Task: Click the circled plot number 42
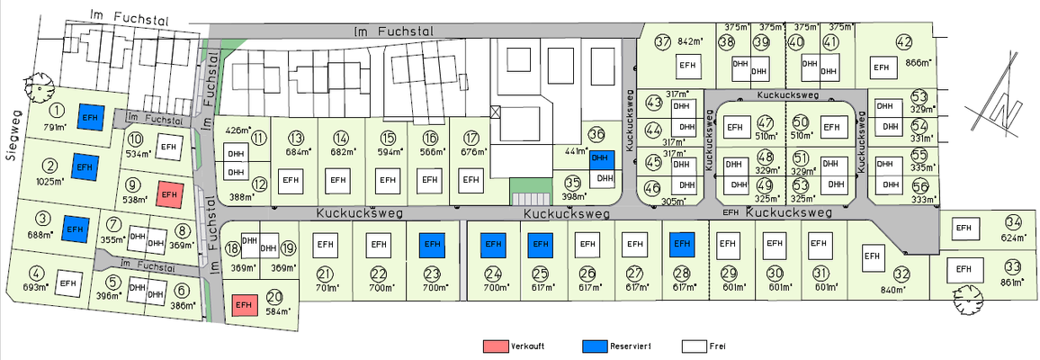click(x=904, y=41)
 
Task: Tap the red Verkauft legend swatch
click(x=495, y=346)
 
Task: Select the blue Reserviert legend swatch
click(x=595, y=346)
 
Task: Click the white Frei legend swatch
click(x=692, y=346)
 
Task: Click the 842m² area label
click(x=690, y=41)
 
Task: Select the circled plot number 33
click(x=1013, y=267)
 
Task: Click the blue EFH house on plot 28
click(x=681, y=243)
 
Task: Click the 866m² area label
click(x=918, y=63)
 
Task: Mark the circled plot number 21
click(x=326, y=274)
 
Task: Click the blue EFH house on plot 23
click(x=432, y=243)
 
